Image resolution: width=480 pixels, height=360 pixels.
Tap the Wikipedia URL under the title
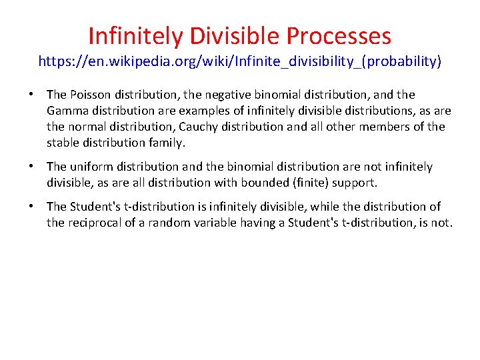(239, 62)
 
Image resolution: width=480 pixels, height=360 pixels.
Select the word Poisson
(90, 95)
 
